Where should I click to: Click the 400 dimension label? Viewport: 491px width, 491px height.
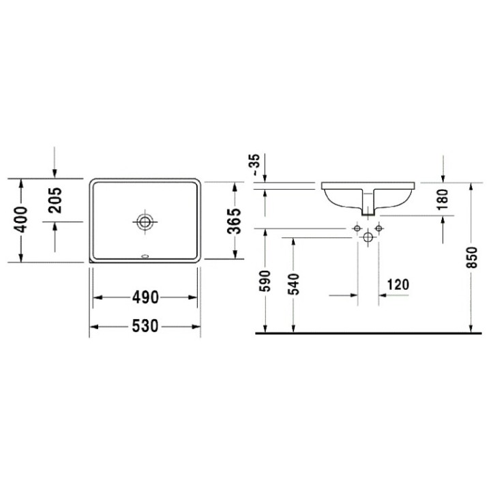click(22, 220)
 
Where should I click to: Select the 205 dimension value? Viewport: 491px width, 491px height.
click(56, 200)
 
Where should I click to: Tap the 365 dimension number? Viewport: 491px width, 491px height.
click(233, 221)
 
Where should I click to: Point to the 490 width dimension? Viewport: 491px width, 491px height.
click(145, 297)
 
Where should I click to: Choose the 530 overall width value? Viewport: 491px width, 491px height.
click(145, 327)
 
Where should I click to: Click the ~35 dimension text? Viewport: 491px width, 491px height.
click(254, 166)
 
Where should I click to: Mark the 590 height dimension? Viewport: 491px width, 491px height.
click(265, 282)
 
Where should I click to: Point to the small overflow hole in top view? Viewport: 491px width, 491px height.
click(145, 258)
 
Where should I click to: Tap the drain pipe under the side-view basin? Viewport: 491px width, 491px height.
click(369, 203)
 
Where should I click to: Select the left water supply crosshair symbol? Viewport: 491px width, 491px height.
click(357, 226)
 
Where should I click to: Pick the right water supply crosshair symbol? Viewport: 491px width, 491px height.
click(380, 226)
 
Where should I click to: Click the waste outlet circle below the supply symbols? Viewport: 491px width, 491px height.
click(368, 237)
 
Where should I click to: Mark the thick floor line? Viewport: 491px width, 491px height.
click(368, 333)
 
